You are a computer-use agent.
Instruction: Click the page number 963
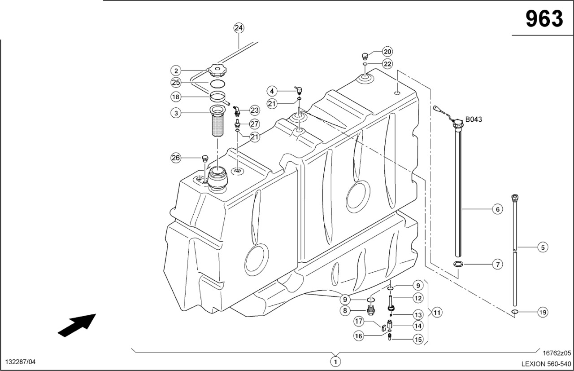(544, 19)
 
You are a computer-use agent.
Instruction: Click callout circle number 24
(239, 28)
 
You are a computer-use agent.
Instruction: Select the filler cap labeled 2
(217, 71)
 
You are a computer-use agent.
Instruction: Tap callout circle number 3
(176, 113)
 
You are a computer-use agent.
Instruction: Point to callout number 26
(176, 158)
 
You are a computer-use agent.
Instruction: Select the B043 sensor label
(474, 119)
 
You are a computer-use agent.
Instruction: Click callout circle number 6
(497, 209)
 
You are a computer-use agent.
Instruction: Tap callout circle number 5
(543, 247)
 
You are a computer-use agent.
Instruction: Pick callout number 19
(543, 312)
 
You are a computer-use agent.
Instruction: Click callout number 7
(497, 265)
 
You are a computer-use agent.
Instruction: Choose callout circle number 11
(437, 311)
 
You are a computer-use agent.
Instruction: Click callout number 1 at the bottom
(335, 361)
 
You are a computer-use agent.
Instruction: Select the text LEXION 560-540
(546, 363)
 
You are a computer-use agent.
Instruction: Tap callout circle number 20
(387, 51)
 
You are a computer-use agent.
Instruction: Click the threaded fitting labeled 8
(371, 310)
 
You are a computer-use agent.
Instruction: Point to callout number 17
(359, 321)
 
